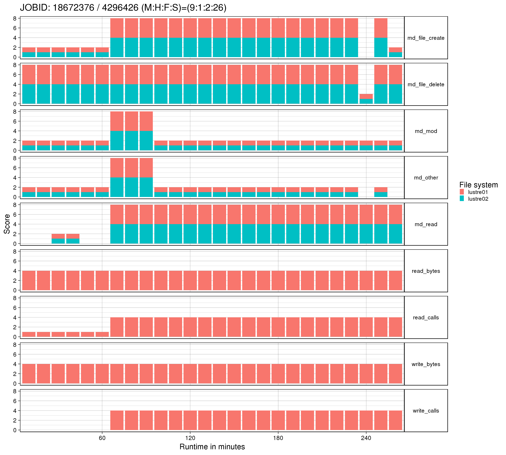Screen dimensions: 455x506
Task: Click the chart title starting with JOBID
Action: point(123,8)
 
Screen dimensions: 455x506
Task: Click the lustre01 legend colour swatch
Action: point(462,192)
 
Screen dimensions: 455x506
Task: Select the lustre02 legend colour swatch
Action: point(462,199)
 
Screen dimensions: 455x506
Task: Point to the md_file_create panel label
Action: point(426,38)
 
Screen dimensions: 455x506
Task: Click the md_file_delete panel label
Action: point(426,84)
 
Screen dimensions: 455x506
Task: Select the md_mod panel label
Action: point(426,131)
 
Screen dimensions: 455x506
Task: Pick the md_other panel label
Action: point(426,178)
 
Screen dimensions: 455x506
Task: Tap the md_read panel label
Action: point(426,224)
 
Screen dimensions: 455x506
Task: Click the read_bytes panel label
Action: point(426,271)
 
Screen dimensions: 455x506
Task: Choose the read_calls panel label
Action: point(426,317)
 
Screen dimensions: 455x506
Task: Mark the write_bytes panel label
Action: point(426,364)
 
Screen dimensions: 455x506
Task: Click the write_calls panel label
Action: point(426,411)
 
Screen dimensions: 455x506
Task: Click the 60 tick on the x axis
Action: point(102,438)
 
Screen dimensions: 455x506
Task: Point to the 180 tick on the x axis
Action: point(278,438)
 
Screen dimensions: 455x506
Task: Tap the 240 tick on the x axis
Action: point(366,438)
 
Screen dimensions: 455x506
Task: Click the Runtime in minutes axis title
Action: point(212,447)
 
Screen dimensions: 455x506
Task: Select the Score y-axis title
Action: point(7,224)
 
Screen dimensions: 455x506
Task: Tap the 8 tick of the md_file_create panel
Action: point(15,19)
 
